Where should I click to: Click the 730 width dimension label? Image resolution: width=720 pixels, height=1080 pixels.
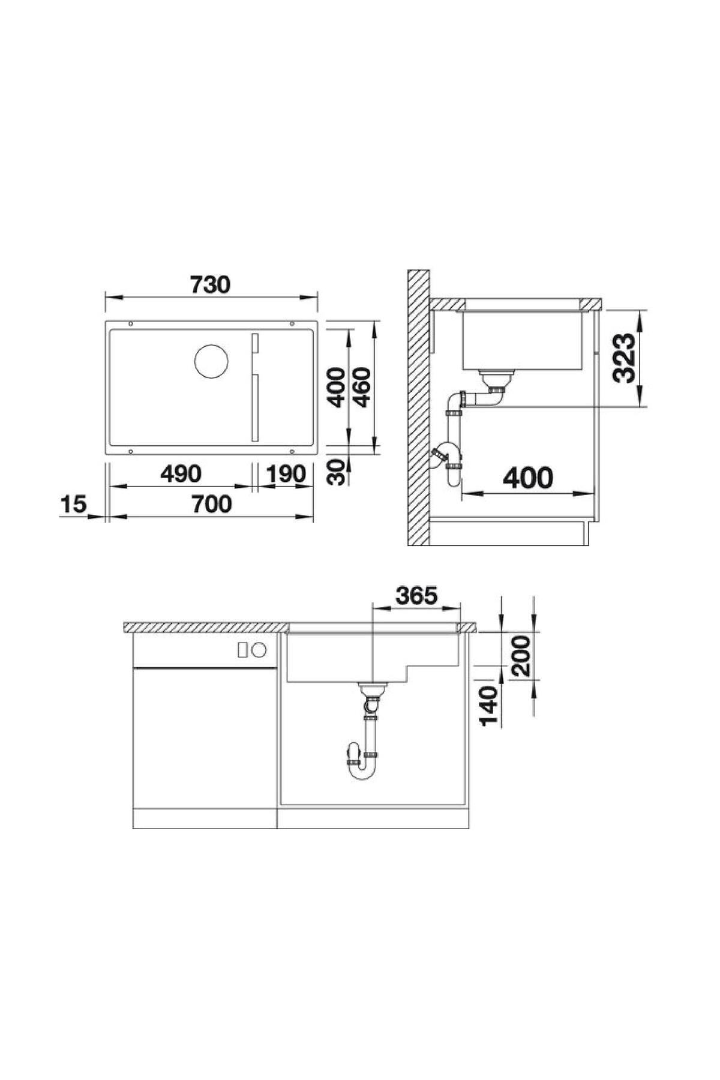(210, 284)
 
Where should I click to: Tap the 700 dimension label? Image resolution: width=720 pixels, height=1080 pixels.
(212, 504)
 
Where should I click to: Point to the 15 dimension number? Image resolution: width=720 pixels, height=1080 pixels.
(74, 504)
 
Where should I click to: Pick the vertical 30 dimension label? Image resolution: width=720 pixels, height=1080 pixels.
(339, 472)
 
